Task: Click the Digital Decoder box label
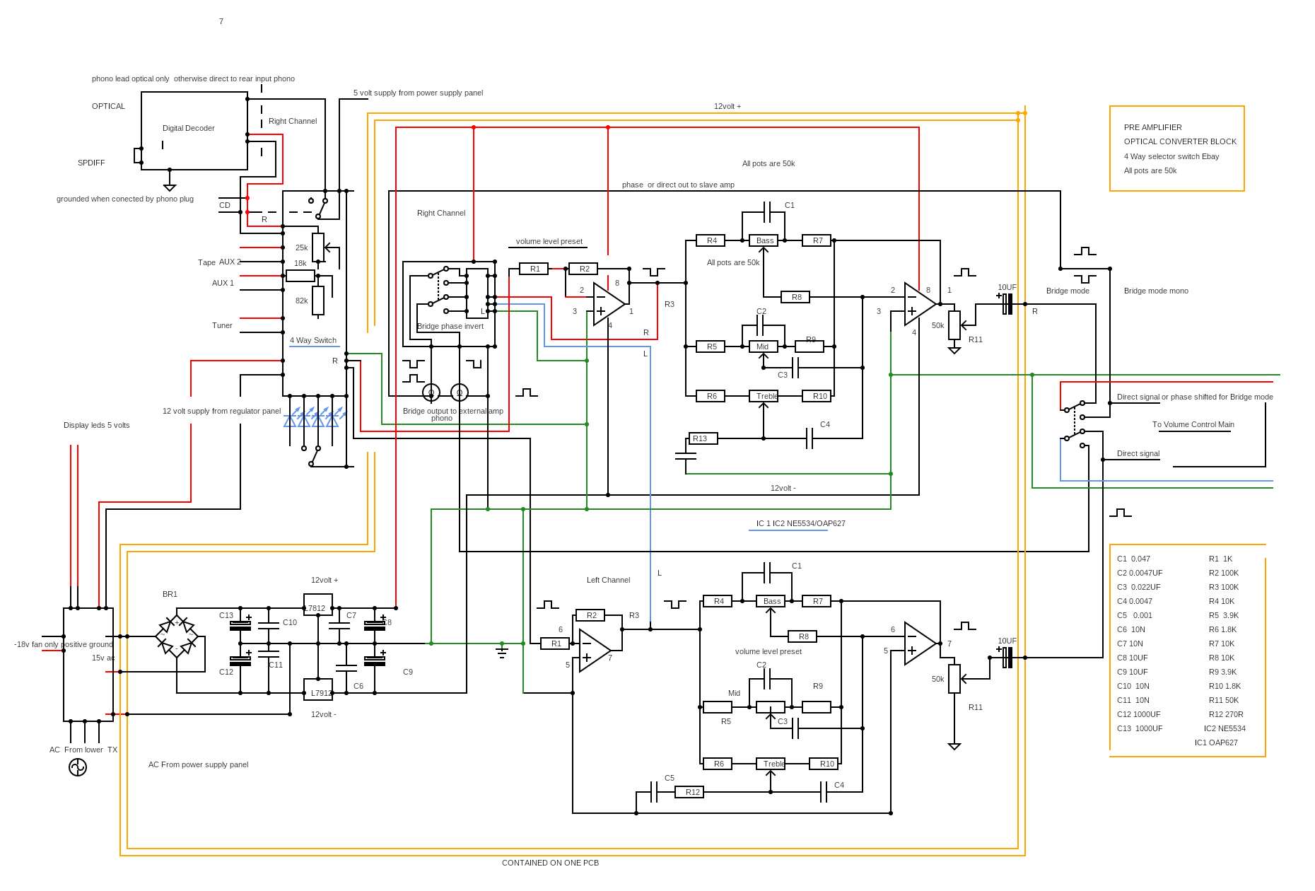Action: coord(188,128)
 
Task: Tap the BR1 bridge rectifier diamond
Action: coord(176,636)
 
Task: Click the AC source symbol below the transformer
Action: coord(78,767)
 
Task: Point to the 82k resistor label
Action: coord(302,301)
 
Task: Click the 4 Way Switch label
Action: coord(313,340)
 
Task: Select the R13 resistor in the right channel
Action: coord(703,438)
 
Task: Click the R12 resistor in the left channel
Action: coord(689,792)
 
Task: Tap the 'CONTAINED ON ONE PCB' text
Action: coord(550,863)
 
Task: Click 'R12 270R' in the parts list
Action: coord(1226,714)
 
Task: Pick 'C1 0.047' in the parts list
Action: coord(1133,559)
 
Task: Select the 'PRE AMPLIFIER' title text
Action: coord(1153,127)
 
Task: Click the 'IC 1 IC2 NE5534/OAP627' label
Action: coord(800,523)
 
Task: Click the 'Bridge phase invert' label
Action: coord(450,326)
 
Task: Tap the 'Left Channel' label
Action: coord(608,580)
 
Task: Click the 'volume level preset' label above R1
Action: coord(549,241)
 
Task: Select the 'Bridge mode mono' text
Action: coord(1156,291)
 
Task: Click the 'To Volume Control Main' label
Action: coord(1193,424)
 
